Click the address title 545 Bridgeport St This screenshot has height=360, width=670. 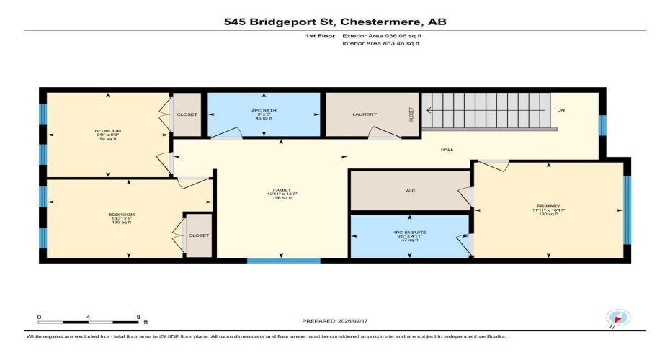point(335,22)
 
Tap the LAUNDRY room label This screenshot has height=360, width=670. point(365,114)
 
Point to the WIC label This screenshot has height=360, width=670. point(408,191)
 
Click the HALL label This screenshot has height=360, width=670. point(447,150)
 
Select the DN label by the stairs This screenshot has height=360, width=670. point(561,110)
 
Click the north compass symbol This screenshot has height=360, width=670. point(619,317)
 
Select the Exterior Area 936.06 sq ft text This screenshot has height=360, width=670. point(380,35)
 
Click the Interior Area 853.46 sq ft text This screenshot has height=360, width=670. point(380,43)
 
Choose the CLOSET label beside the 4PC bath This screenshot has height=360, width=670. point(187,114)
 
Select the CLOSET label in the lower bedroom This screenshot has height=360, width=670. point(198,235)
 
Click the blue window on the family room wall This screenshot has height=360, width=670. point(283,260)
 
